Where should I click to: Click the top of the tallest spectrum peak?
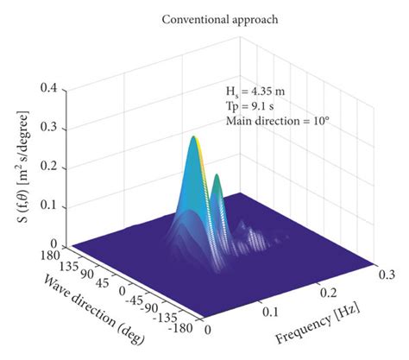[x=194, y=136]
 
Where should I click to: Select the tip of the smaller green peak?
[x=217, y=176]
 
